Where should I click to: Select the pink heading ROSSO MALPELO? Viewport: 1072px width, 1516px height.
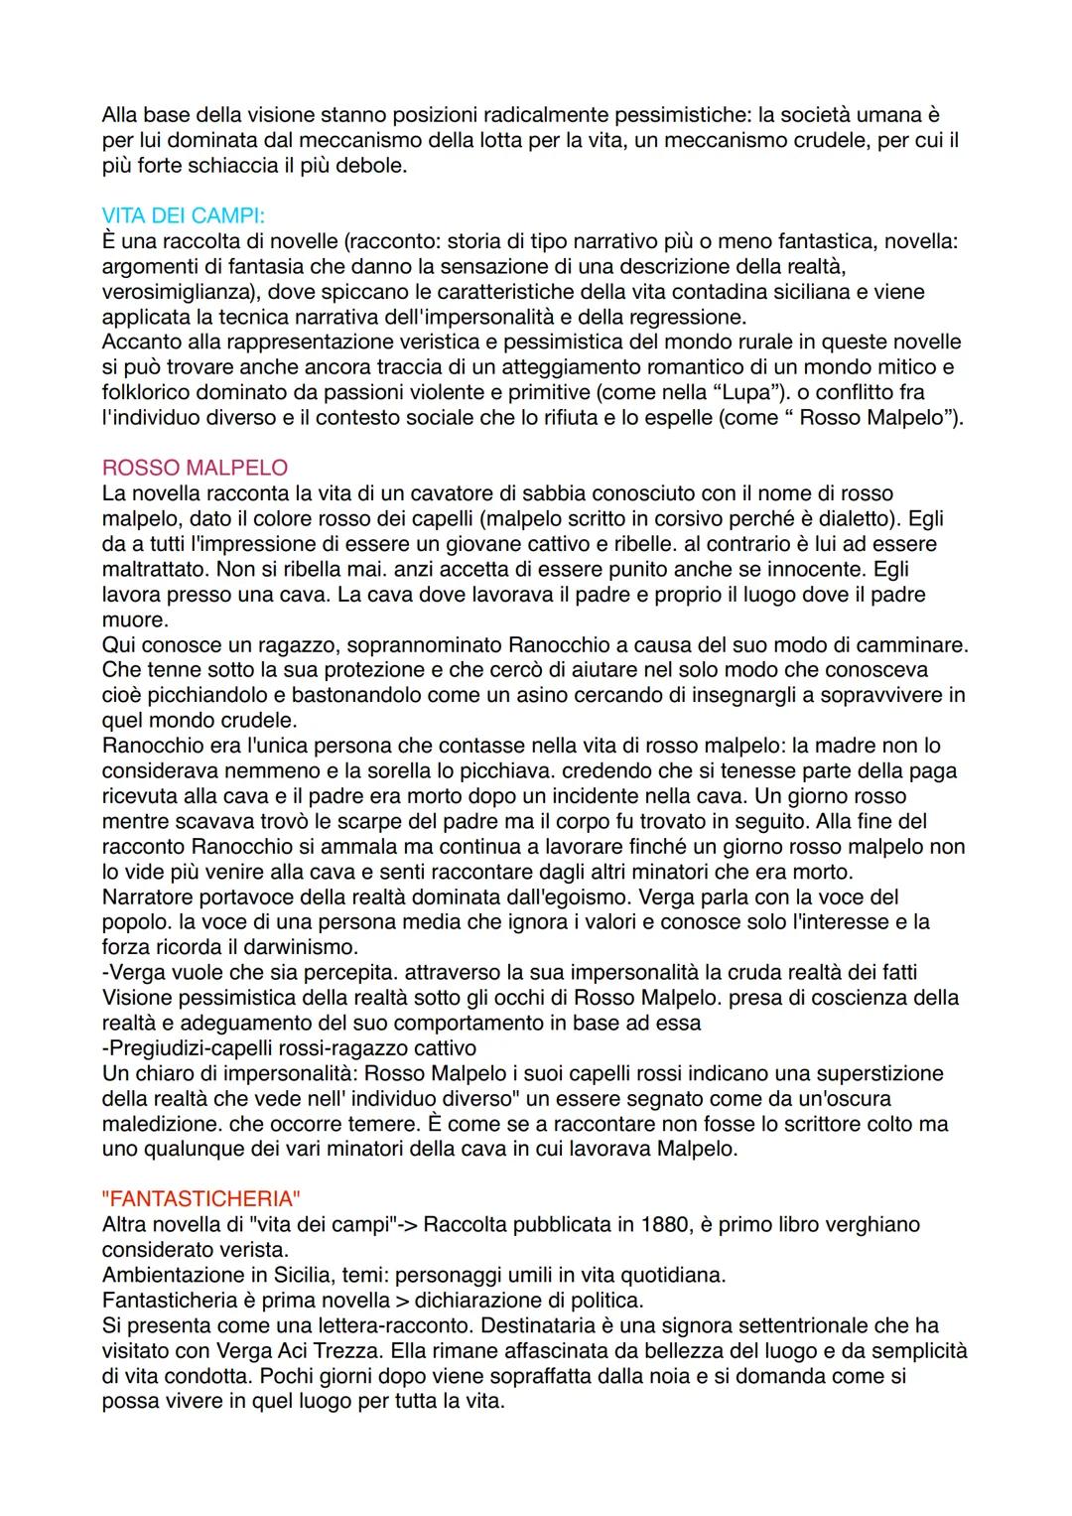(195, 468)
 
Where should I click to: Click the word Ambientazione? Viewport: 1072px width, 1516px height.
(174, 1275)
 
